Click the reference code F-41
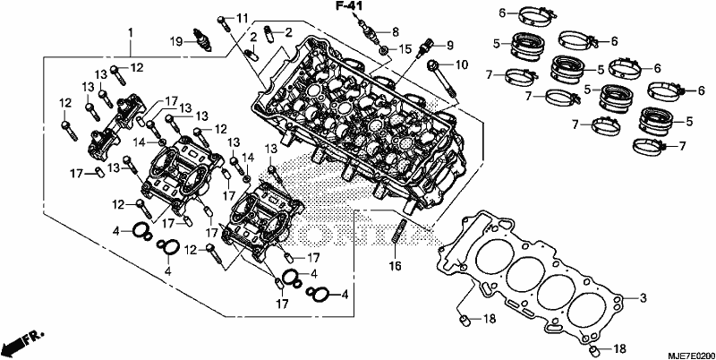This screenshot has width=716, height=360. click(x=348, y=6)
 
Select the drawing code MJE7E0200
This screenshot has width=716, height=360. click(x=690, y=356)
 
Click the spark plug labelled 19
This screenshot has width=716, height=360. click(x=202, y=39)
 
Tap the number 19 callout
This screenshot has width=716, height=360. click(x=175, y=41)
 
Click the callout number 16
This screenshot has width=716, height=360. click(x=395, y=265)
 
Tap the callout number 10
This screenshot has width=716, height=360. click(x=462, y=64)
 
